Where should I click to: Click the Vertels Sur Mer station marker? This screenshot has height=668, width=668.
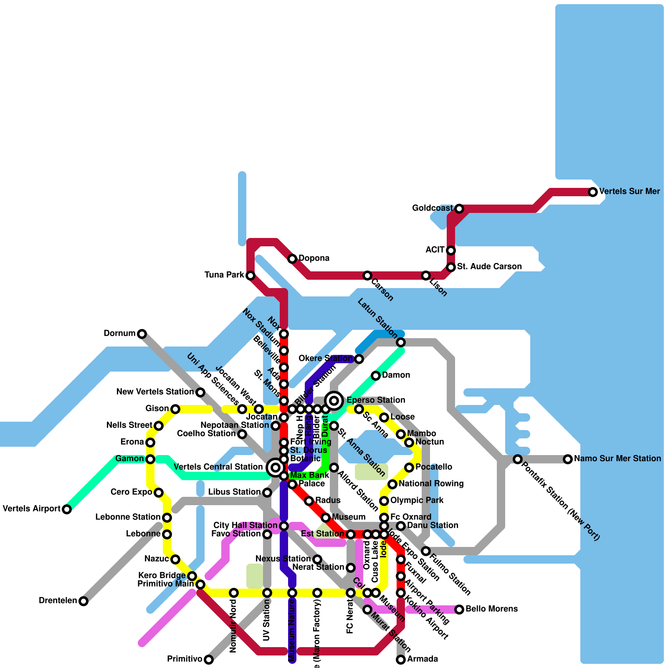(x=593, y=192)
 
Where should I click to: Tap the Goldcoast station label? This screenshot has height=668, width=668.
(x=432, y=208)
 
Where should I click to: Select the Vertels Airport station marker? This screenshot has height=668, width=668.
(x=67, y=509)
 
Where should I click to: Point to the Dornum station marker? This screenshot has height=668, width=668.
(x=142, y=334)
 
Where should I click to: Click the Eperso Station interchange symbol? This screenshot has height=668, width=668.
(x=334, y=401)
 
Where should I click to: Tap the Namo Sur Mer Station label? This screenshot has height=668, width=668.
(x=617, y=459)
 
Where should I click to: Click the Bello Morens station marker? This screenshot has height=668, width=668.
(x=459, y=610)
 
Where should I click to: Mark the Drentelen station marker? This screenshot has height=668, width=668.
(x=83, y=601)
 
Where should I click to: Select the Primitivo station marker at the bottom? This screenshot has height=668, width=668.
(x=209, y=660)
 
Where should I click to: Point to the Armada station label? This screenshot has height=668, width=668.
(x=423, y=659)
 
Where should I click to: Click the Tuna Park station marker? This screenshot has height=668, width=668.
(x=250, y=276)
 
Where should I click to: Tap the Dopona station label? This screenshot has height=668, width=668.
(x=314, y=258)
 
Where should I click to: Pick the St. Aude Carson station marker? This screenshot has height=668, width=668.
(x=451, y=267)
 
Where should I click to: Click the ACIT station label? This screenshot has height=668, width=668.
(x=435, y=250)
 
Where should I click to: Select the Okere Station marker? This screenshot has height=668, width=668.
(x=359, y=359)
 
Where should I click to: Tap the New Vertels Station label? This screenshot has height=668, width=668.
(x=154, y=392)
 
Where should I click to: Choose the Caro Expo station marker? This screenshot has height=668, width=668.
(x=159, y=493)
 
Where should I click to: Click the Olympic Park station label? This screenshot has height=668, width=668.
(x=417, y=501)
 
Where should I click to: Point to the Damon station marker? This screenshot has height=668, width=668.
(x=376, y=376)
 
